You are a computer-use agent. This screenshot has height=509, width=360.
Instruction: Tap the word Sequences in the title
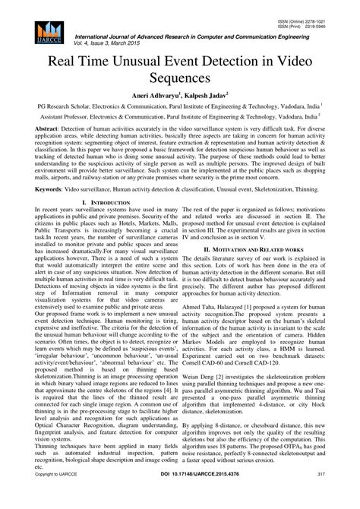point(179,78)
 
